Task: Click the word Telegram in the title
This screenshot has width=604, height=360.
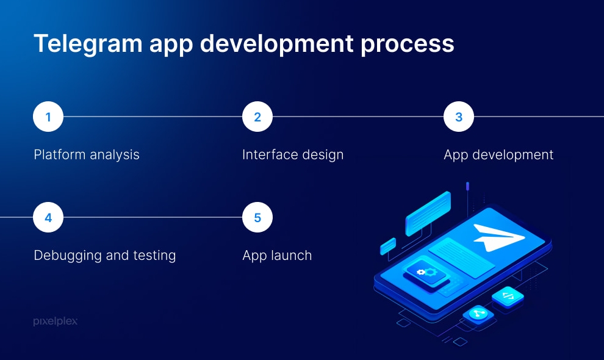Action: click(x=88, y=43)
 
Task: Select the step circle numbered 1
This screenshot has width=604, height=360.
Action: click(x=48, y=117)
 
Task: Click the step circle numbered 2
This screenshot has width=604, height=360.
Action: click(x=257, y=117)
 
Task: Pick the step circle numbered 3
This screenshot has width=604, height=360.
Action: click(x=459, y=117)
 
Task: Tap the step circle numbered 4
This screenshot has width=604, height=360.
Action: click(x=48, y=217)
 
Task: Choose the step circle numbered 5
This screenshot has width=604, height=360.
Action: click(x=257, y=217)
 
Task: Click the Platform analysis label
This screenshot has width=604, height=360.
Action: click(x=87, y=155)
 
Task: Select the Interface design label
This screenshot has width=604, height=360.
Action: click(x=293, y=155)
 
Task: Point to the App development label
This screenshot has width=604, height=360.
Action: click(x=498, y=155)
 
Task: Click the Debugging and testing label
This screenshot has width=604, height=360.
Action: click(x=105, y=256)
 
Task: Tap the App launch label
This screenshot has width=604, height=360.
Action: click(x=277, y=256)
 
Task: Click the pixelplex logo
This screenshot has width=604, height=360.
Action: click(x=56, y=321)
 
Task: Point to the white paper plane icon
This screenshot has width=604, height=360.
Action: click(x=496, y=237)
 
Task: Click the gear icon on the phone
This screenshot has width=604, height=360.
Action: click(x=427, y=272)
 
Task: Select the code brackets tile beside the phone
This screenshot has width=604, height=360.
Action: click(x=508, y=297)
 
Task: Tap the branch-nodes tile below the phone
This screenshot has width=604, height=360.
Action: click(x=478, y=314)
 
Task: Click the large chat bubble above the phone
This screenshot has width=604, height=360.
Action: click(x=428, y=213)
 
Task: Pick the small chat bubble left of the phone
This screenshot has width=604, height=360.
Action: click(x=388, y=247)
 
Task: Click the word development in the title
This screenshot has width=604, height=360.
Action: click(x=276, y=43)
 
